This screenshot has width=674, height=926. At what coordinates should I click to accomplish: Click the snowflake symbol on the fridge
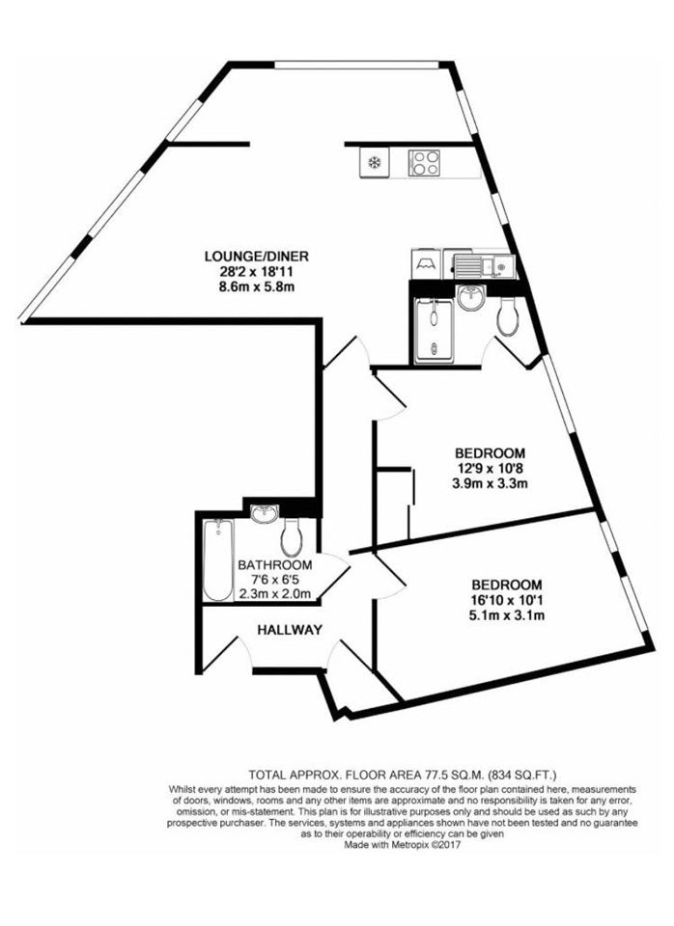[x=374, y=162]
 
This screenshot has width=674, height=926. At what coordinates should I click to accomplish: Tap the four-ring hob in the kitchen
[x=424, y=162]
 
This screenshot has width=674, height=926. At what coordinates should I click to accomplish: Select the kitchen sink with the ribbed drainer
[x=484, y=264]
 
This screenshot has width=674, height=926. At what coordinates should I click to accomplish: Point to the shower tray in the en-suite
[x=434, y=331]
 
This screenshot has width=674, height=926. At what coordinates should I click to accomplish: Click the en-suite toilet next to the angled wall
[x=508, y=316]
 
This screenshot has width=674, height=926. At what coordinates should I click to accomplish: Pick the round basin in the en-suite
[x=471, y=297]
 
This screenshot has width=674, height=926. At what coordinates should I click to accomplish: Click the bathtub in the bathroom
[x=218, y=559]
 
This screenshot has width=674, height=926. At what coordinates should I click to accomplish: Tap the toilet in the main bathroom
[x=292, y=535]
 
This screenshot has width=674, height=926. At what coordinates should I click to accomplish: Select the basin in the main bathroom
[x=265, y=514]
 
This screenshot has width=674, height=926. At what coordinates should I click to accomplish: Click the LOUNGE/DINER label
[x=257, y=257]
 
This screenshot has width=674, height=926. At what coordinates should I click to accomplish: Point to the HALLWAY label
[x=290, y=630]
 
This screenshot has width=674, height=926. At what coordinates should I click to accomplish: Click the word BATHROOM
[x=275, y=565]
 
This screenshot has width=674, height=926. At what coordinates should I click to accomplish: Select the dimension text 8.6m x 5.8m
[x=257, y=288]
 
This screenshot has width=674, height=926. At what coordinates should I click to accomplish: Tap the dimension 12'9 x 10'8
[x=490, y=470]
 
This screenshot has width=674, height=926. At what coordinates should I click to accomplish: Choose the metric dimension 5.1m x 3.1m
[x=506, y=616]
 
